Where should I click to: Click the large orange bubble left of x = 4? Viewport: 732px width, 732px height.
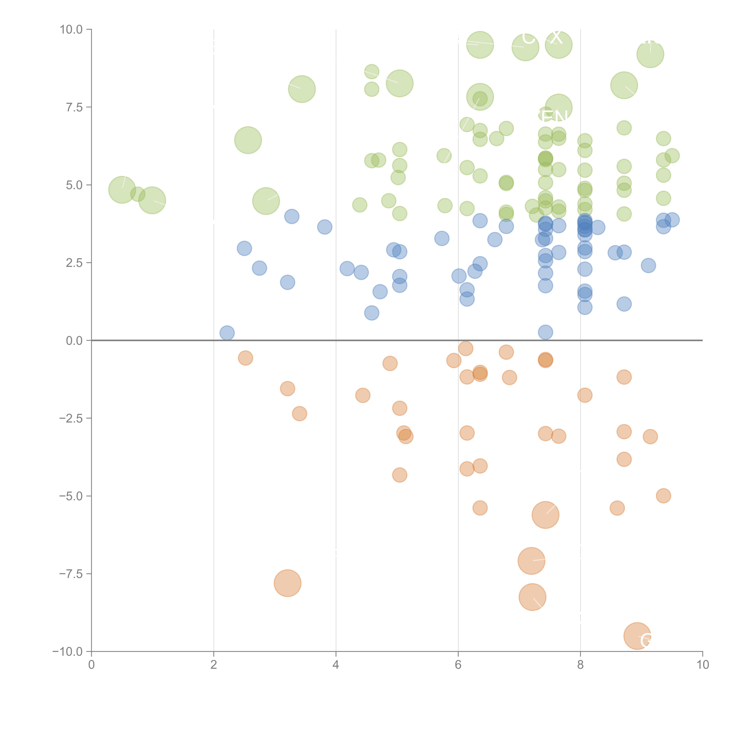tap(288, 583)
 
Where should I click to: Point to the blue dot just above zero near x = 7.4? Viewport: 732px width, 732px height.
tap(545, 332)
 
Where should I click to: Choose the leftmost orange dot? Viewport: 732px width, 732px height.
tap(246, 358)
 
